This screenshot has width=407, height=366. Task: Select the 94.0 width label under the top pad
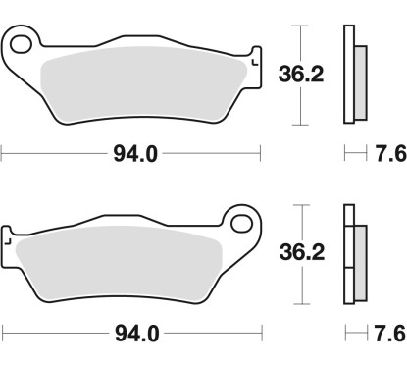tap(130, 153)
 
